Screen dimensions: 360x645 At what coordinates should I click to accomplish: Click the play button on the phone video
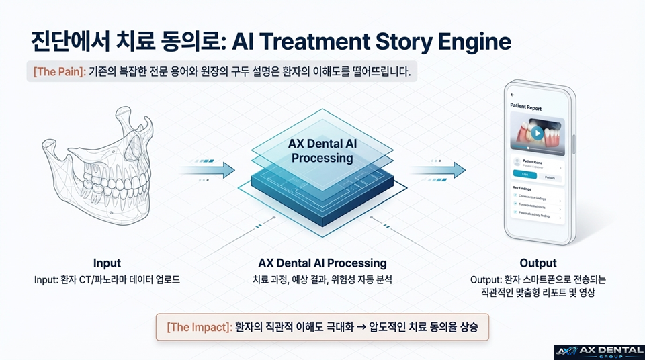(x=537, y=132)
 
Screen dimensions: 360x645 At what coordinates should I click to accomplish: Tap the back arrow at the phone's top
(x=513, y=95)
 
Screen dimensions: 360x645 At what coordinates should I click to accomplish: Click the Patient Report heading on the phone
(x=526, y=107)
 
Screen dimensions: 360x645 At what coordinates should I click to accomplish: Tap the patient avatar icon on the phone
(x=516, y=162)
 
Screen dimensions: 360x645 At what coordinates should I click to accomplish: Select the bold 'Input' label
(x=107, y=263)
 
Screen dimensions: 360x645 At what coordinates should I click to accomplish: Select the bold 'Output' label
(x=537, y=263)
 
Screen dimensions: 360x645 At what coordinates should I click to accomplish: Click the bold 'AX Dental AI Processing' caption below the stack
(x=322, y=263)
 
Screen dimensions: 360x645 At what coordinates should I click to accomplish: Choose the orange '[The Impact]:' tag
(x=198, y=328)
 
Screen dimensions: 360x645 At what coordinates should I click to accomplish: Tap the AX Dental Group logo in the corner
(x=598, y=352)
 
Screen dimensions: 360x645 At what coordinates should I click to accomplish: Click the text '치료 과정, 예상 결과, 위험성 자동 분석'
(x=322, y=279)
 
